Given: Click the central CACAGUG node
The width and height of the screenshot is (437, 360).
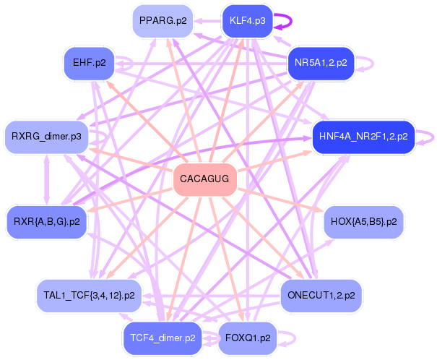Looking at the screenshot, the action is pyautogui.click(x=205, y=179).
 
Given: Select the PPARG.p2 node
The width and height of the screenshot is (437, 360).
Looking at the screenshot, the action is pyautogui.click(x=163, y=21).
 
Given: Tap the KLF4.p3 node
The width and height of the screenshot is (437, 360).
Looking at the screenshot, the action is pyautogui.click(x=248, y=21).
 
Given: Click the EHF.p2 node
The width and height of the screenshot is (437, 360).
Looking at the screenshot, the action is pyautogui.click(x=89, y=63).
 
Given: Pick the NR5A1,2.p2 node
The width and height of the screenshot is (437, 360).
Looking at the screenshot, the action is pyautogui.click(x=321, y=63).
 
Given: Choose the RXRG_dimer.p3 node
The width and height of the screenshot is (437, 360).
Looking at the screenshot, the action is pyautogui.click(x=46, y=137).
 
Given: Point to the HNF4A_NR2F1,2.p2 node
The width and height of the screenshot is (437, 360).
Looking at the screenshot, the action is pyautogui.click(x=363, y=137).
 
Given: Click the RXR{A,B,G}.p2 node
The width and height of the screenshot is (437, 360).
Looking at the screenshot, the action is pyautogui.click(x=46, y=222).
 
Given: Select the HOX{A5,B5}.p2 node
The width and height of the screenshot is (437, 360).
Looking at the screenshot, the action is pyautogui.click(x=364, y=222).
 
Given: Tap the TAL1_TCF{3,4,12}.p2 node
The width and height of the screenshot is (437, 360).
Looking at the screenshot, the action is pyautogui.click(x=89, y=296).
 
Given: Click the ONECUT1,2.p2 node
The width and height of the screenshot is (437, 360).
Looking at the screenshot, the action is pyautogui.click(x=321, y=296).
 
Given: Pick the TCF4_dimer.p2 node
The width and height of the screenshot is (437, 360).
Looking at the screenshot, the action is pyautogui.click(x=163, y=338).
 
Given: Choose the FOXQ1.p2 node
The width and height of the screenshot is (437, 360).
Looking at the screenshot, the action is pyautogui.click(x=248, y=338).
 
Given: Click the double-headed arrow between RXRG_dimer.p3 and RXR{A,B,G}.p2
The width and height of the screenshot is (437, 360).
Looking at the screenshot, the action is pyautogui.click(x=46, y=179).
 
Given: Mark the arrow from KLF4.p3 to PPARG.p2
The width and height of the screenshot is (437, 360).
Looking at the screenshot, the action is pyautogui.click(x=207, y=21).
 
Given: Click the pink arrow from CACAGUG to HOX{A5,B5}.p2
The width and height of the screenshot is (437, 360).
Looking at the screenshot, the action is pyautogui.click(x=280, y=200).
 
